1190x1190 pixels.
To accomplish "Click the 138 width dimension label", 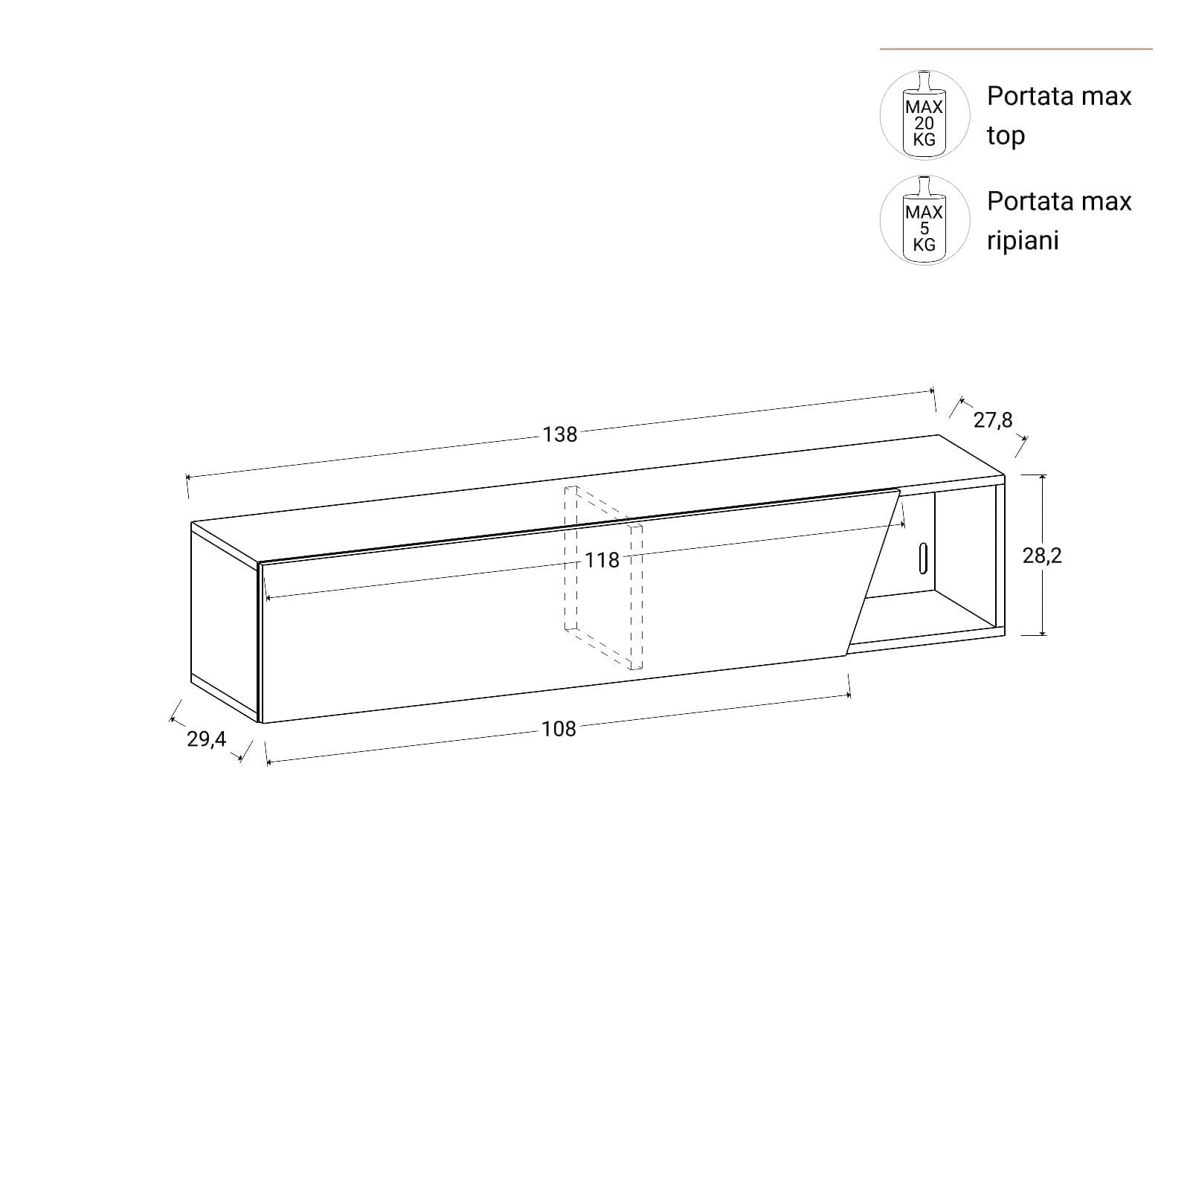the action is tap(560, 434).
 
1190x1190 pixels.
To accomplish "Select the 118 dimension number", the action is tap(602, 560).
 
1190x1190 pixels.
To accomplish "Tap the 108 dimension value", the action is tap(559, 729).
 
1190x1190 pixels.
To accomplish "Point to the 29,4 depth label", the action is tap(206, 739).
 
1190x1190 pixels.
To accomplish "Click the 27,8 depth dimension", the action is tap(993, 420).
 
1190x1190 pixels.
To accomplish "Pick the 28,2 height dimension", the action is tap(1042, 556).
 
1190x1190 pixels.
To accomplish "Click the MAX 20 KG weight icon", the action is tap(924, 115).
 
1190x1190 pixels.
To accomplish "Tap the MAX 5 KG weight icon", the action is tap(924, 220).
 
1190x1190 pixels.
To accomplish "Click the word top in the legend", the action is tap(1006, 136).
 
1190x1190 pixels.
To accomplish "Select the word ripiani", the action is tap(1023, 241).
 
